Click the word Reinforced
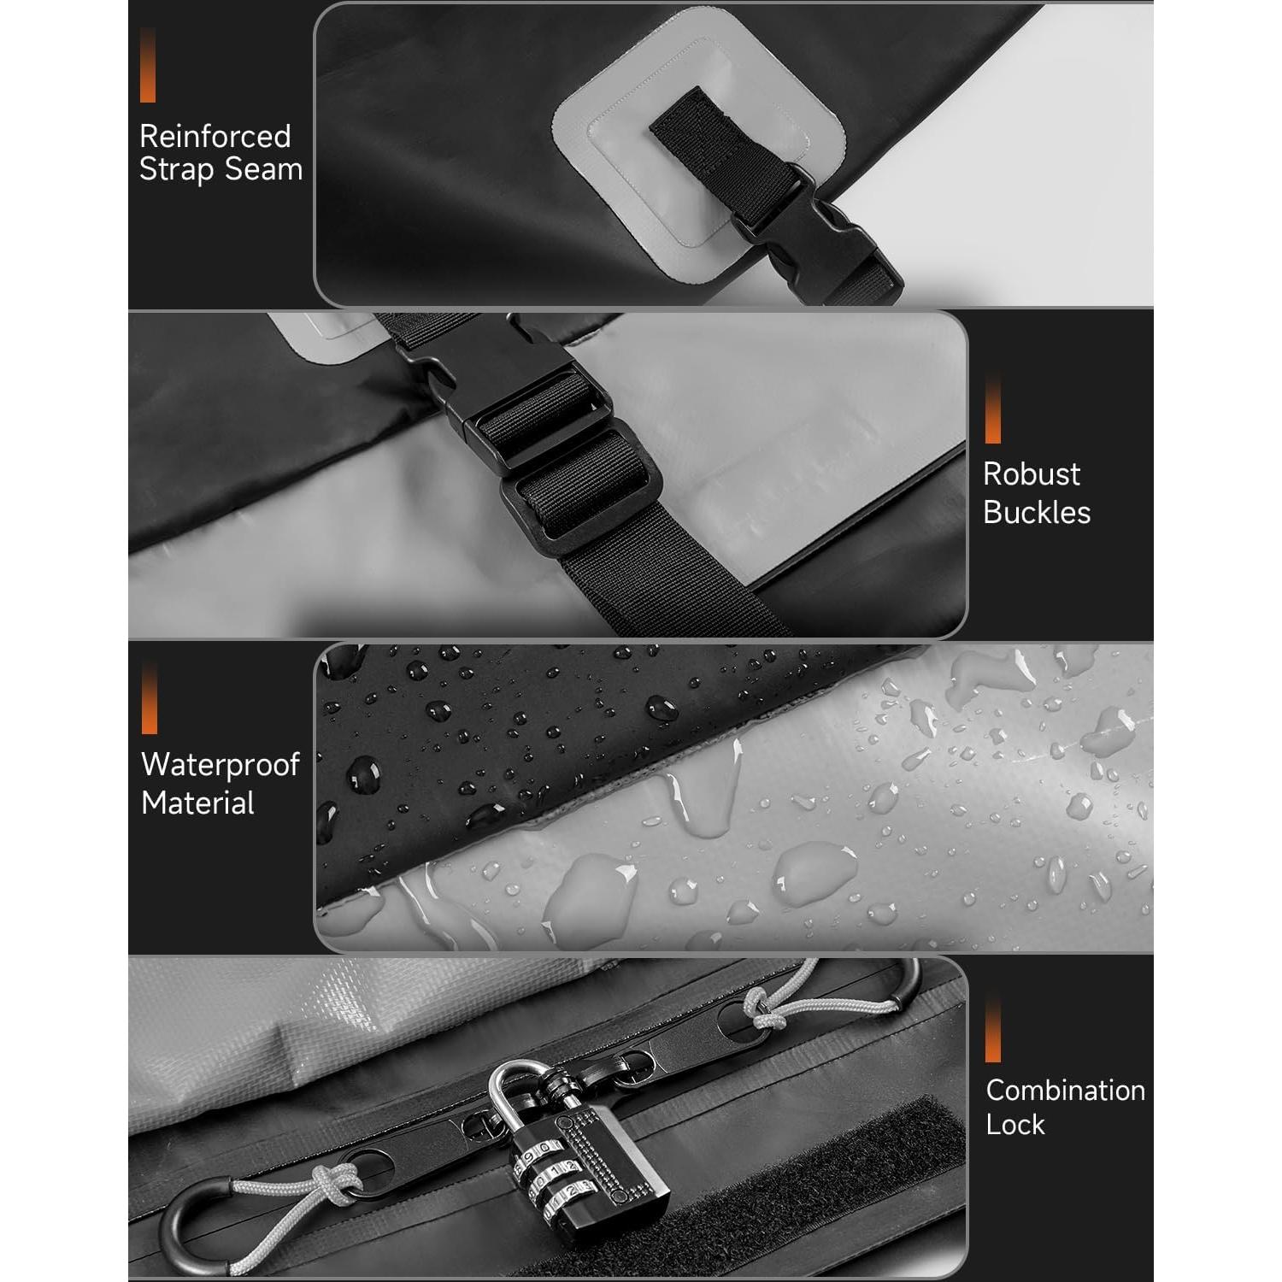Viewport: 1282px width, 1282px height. pos(215,137)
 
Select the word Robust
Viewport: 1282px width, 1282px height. pos(1032,474)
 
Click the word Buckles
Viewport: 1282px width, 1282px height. pos(1037,512)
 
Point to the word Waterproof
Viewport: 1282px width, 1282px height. pos(220,765)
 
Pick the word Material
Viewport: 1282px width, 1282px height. pos(197,803)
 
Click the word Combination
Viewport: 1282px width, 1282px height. pos(1065,1091)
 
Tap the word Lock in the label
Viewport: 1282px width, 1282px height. pos(1014,1125)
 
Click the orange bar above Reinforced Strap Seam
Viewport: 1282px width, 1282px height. pos(148,65)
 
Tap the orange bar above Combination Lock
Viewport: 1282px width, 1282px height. pos(992,1029)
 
